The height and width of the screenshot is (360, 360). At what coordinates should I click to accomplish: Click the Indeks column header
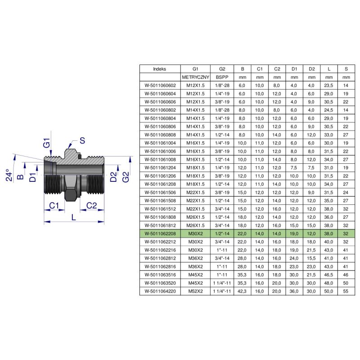[160, 69]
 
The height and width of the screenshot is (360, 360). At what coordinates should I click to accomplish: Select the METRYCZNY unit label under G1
[195, 77]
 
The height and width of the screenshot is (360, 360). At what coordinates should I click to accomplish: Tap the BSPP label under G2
[222, 77]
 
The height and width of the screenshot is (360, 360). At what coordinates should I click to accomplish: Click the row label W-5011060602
[160, 85]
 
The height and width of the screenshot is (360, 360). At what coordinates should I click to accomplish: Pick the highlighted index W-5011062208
[160, 234]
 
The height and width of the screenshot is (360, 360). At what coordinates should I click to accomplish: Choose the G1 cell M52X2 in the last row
[195, 291]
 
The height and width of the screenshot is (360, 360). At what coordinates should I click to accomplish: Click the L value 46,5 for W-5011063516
[328, 275]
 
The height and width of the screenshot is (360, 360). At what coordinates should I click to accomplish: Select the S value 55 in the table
[346, 291]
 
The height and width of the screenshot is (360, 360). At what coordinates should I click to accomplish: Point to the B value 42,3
[242, 291]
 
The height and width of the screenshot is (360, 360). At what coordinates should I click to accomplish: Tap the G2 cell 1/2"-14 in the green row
[222, 234]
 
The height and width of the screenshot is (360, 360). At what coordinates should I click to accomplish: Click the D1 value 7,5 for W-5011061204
[294, 168]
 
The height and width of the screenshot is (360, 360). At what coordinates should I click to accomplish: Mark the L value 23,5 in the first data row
[328, 85]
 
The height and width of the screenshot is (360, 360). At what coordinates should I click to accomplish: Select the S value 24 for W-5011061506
[346, 193]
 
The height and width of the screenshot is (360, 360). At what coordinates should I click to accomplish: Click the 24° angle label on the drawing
[9, 175]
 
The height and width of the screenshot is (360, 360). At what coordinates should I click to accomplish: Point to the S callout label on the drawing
[82, 140]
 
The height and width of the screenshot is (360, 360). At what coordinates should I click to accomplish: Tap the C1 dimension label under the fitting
[54, 206]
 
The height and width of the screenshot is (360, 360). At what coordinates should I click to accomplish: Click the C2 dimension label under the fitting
[91, 206]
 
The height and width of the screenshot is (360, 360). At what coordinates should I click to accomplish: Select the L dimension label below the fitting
[73, 217]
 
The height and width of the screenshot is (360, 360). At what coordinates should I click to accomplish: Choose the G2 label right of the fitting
[126, 177]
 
